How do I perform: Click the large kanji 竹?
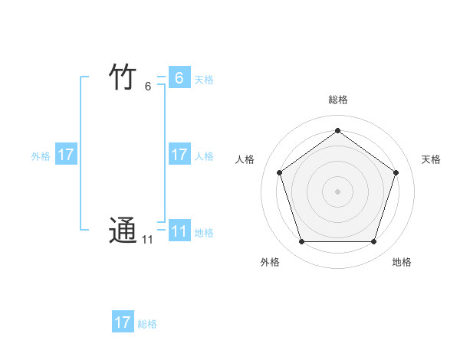123,77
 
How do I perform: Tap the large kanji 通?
123,231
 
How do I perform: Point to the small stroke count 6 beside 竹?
148,87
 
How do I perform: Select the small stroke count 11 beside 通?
146,241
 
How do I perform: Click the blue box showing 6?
179,77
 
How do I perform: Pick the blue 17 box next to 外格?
66,155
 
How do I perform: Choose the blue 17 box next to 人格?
179,155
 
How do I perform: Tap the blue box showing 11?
179,231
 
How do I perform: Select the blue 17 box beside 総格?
123,322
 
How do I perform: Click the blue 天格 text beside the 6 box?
204,80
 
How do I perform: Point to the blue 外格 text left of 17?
41,156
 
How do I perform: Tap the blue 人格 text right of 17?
204,156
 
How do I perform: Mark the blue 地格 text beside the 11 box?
204,233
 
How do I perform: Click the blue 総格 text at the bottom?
147,324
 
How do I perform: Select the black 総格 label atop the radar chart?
337,100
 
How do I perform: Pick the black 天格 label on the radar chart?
431,159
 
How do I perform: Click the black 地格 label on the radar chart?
402,262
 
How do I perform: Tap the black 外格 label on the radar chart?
270,262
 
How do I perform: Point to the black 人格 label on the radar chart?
245,159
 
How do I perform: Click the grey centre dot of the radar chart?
337,191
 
